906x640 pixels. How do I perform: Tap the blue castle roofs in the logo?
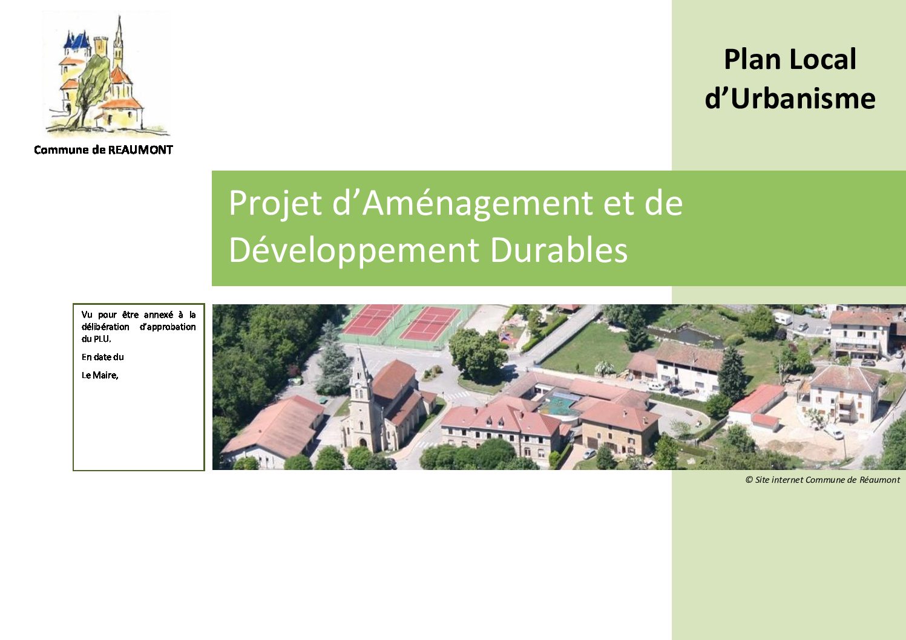pyautogui.click(x=77, y=41)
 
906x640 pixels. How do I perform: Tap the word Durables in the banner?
pyautogui.click(x=559, y=250)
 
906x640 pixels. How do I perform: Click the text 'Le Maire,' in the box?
pyautogui.click(x=100, y=375)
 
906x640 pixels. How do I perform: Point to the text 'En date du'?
pyautogui.click(x=103, y=357)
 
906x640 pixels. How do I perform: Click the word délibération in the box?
pyautogui.click(x=105, y=327)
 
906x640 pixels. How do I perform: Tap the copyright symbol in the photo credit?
pyautogui.click(x=749, y=480)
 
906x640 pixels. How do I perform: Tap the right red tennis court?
pyautogui.click(x=430, y=324)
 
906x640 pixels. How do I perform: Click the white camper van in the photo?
pyautogui.click(x=783, y=318)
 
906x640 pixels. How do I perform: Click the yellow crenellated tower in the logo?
pyautogui.click(x=100, y=47)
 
